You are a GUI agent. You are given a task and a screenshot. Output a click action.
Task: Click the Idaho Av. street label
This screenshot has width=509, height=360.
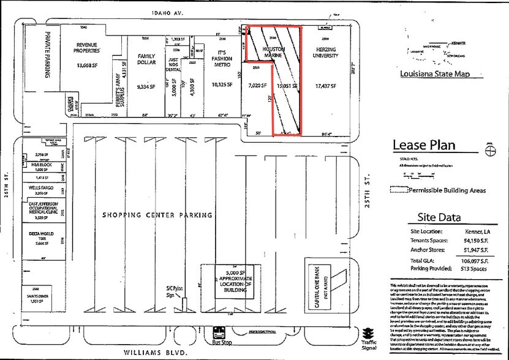(165, 12)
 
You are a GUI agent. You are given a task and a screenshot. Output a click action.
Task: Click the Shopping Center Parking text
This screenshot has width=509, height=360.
(157, 215)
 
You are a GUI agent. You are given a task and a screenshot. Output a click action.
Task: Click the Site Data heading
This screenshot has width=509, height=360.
(439, 216)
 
